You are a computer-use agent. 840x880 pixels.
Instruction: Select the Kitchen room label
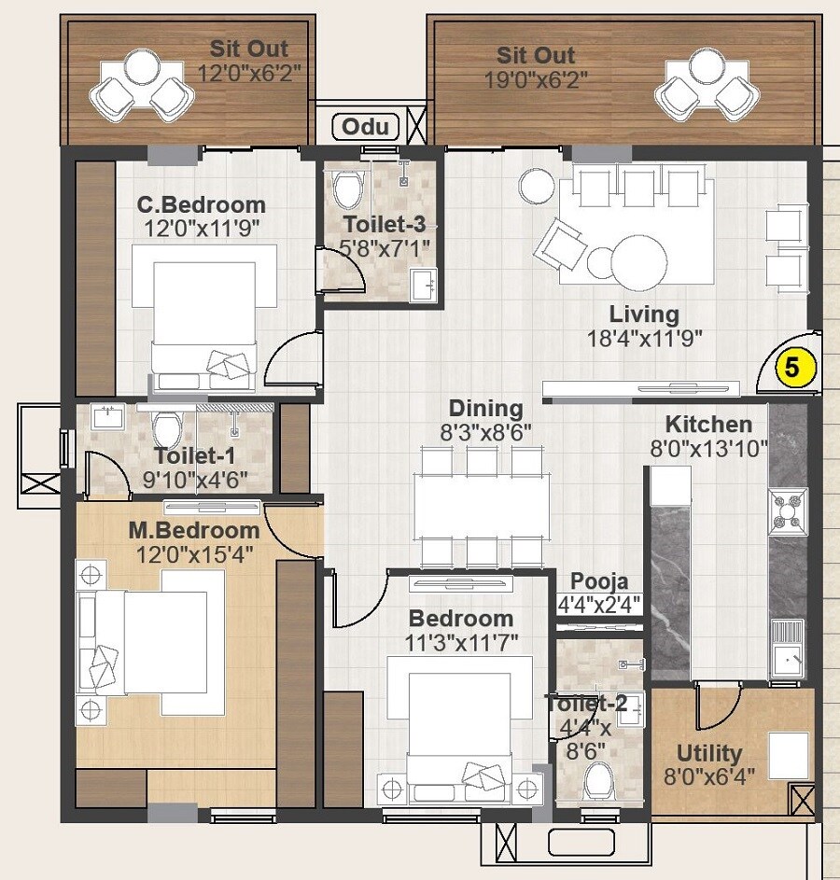click(707, 425)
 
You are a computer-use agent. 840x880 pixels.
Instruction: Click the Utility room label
click(709, 752)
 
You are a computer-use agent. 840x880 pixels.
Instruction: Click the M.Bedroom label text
click(193, 530)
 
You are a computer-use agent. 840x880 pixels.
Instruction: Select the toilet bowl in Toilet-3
click(347, 190)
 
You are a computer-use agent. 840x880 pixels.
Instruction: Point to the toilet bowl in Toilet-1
click(167, 429)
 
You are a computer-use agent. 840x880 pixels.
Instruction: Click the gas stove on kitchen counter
click(788, 510)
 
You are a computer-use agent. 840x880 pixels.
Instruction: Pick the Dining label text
click(485, 408)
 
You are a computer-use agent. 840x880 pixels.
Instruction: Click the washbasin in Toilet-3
click(424, 283)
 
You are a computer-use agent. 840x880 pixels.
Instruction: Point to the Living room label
click(644, 314)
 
